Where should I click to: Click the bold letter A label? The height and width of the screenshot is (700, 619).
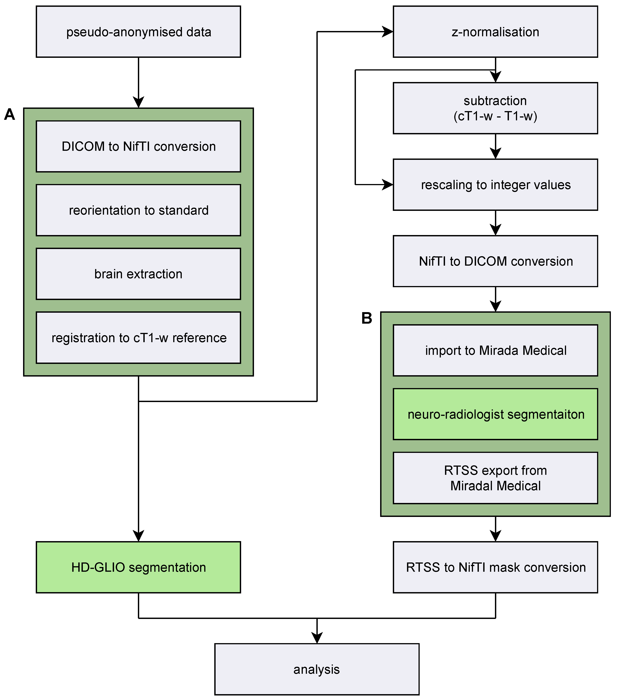[x=10, y=114]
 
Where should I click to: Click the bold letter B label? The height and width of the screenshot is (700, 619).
[x=366, y=318]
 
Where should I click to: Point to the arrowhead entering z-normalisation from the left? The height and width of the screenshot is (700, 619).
[x=387, y=32]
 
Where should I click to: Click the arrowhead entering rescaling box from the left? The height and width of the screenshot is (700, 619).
[x=387, y=185]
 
